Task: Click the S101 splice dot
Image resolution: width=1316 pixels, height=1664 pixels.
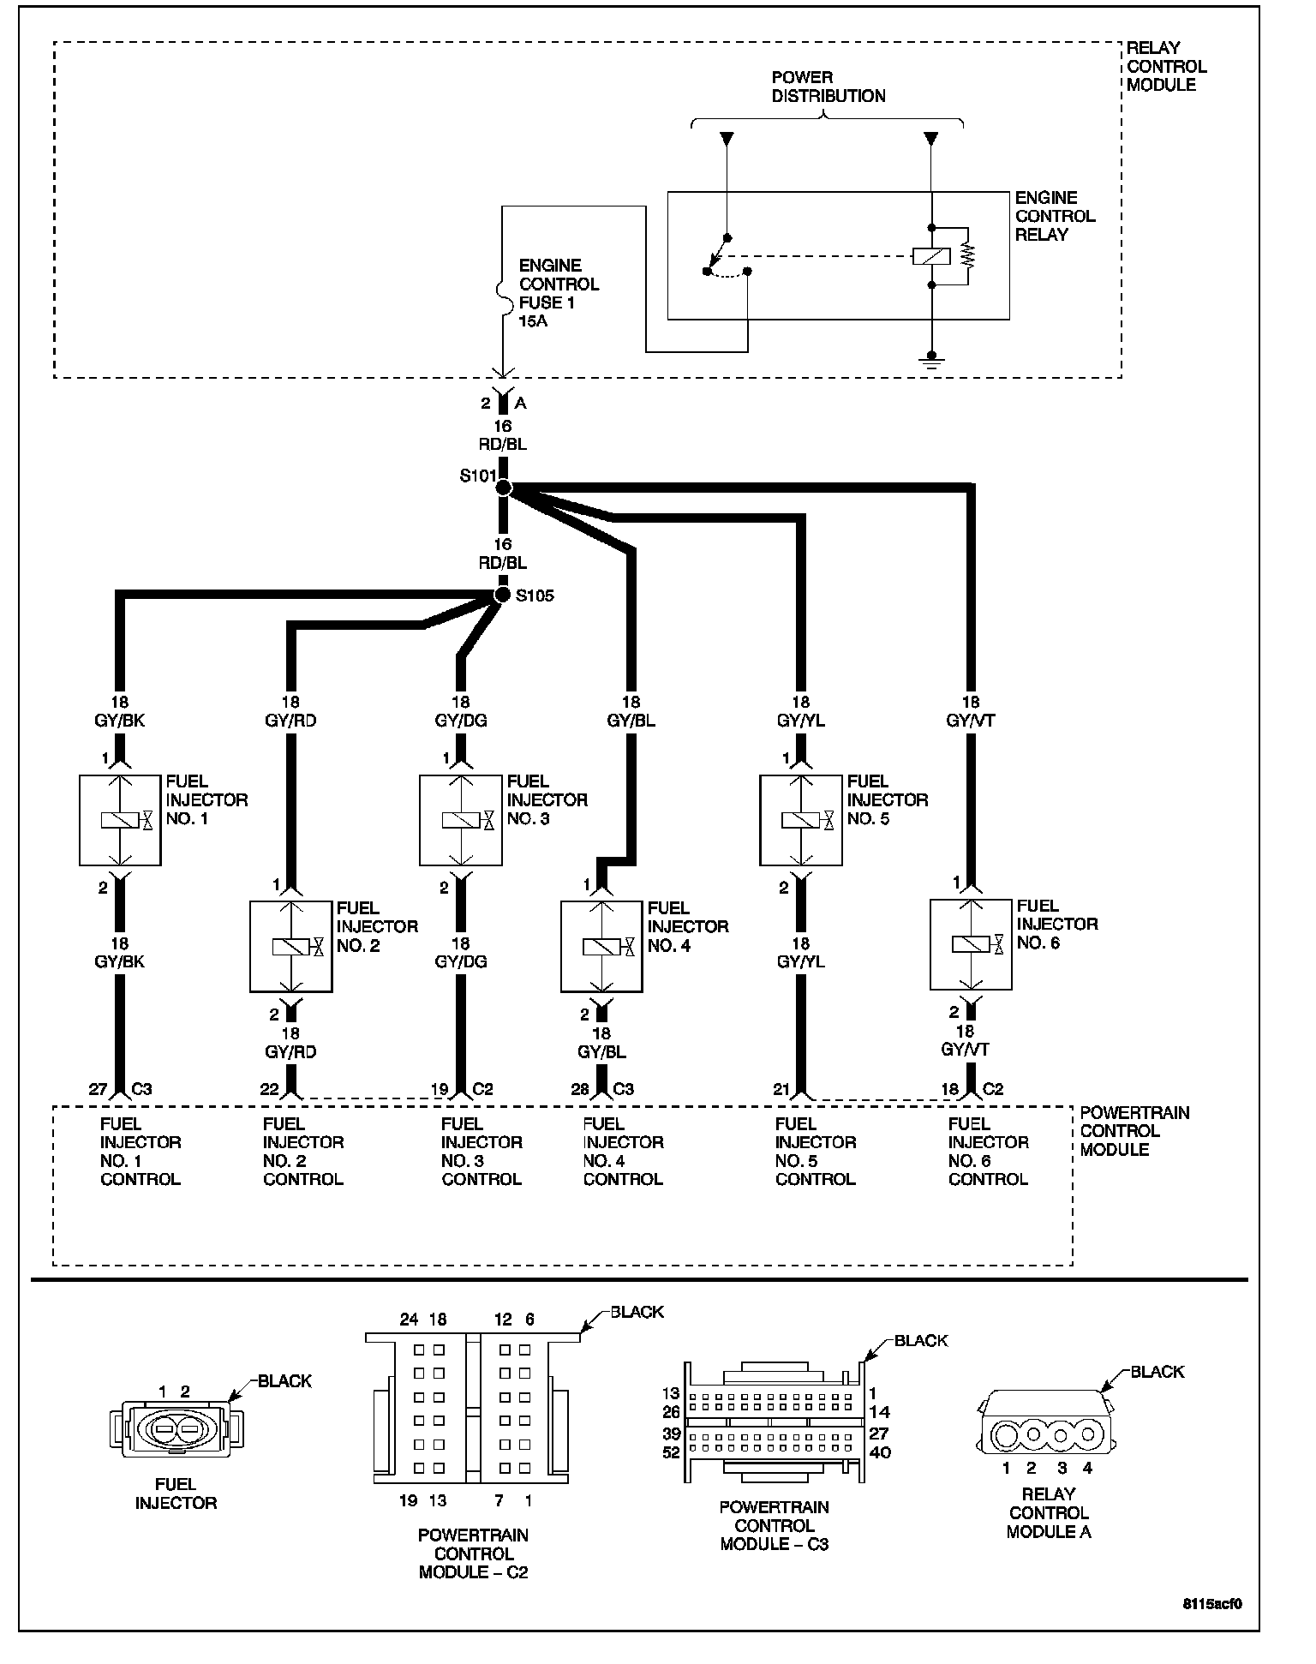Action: [x=504, y=488]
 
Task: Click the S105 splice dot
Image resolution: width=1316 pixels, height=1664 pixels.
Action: [x=503, y=595]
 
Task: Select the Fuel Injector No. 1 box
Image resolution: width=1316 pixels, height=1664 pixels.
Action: [x=120, y=820]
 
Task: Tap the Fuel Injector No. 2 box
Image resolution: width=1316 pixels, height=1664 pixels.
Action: [x=290, y=946]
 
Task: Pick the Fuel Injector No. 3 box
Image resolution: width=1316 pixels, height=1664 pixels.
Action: [x=460, y=820]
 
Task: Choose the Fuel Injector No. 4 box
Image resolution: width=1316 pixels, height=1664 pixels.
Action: [x=601, y=946]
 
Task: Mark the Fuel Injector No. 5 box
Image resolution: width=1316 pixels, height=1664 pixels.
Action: [x=801, y=820]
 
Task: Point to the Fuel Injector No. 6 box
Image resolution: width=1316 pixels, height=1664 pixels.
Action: [x=971, y=943]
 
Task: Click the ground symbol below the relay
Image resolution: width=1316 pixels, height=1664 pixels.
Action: [x=931, y=362]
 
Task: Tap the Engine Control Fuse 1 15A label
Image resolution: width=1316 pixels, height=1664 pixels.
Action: [x=558, y=293]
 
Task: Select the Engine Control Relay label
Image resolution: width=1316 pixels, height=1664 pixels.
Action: [x=1055, y=216]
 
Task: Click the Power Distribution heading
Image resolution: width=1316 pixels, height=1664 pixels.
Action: [x=828, y=87]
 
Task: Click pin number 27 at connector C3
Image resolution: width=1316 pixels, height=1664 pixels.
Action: [x=99, y=1089]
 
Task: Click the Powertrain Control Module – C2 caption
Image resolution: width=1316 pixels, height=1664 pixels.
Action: [x=473, y=1553]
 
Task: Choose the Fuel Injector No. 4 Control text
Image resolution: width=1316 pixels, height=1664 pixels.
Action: [x=623, y=1152]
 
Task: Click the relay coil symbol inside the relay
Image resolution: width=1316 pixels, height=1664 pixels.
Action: [x=930, y=255]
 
